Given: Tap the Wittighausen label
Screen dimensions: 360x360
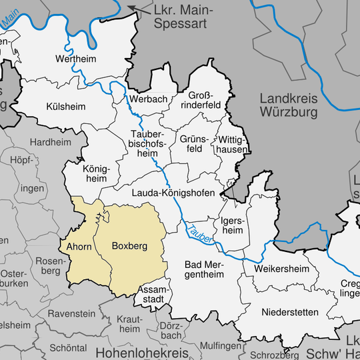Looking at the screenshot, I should point(232,144).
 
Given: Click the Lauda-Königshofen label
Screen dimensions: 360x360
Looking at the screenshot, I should point(172,193).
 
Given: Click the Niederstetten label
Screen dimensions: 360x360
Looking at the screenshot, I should point(290,312).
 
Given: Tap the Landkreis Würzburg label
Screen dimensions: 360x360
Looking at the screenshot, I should point(288,105).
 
